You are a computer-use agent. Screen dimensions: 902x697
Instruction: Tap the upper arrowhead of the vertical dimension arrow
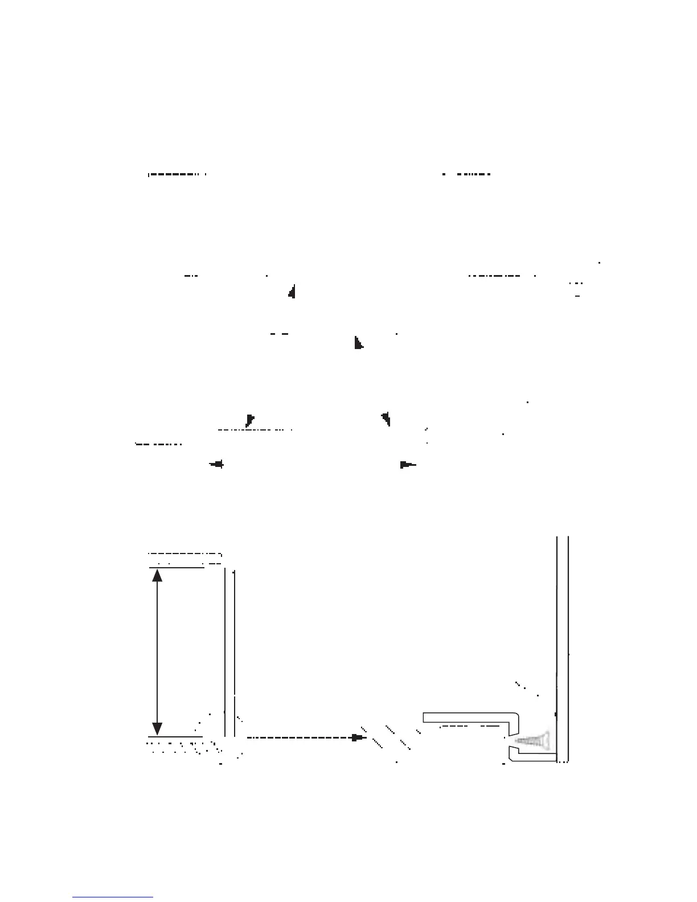pyautogui.click(x=158, y=575)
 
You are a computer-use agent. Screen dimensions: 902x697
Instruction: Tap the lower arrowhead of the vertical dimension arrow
pyautogui.click(x=158, y=729)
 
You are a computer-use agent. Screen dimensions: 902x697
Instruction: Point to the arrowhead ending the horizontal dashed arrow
pyautogui.click(x=357, y=737)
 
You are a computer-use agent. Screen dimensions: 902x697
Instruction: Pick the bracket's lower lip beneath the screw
pyautogui.click(x=530, y=755)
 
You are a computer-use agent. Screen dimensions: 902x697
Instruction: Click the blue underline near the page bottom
pyautogui.click(x=113, y=897)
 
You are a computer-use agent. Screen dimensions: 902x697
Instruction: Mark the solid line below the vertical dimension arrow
pyautogui.click(x=175, y=737)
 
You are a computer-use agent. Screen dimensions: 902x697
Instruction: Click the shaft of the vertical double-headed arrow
pyautogui.click(x=158, y=652)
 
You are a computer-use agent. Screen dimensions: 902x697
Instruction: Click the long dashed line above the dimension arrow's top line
pyautogui.click(x=184, y=553)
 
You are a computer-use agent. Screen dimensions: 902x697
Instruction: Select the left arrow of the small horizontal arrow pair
pyautogui.click(x=216, y=465)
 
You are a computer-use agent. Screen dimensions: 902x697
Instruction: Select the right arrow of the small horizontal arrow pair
pyautogui.click(x=408, y=465)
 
